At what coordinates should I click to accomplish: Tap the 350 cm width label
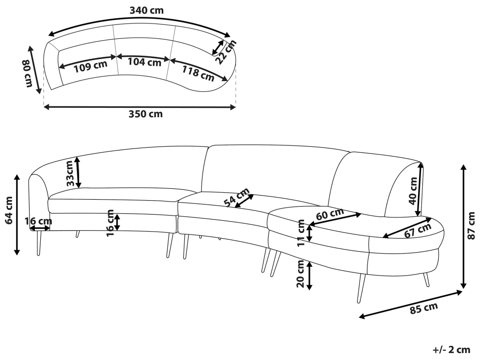pyautogui.click(x=145, y=114)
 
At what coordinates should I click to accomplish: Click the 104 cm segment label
pyautogui.click(x=144, y=61)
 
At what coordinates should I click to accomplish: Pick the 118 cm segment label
pyautogui.click(x=197, y=72)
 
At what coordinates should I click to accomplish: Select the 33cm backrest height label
pyautogui.click(x=69, y=173)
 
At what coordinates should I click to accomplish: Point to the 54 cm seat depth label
pyautogui.click(x=236, y=198)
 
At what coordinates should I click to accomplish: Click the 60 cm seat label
pyautogui.click(x=330, y=215)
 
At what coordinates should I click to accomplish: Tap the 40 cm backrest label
pyautogui.click(x=413, y=191)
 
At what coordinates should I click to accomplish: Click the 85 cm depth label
pyautogui.click(x=424, y=309)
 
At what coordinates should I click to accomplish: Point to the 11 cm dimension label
pyautogui.click(x=301, y=233)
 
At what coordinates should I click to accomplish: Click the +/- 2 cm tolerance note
pyautogui.click(x=451, y=350)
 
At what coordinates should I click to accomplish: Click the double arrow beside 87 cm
pyautogui.click(x=464, y=226)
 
